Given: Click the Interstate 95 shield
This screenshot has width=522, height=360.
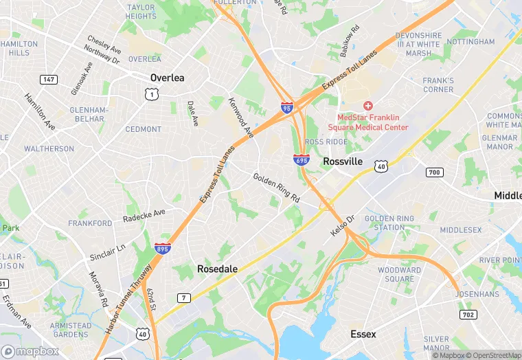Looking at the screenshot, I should click(286, 108).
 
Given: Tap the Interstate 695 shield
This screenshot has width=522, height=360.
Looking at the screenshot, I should click(301, 159).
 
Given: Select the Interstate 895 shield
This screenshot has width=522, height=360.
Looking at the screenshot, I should click(163, 247).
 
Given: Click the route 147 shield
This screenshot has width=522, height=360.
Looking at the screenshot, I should click(48, 80).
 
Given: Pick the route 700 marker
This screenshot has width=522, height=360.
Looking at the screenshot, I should click(434, 172).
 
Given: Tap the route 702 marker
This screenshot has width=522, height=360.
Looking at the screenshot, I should click(467, 314).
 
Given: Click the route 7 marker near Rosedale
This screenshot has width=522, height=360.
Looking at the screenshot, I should click(183, 297).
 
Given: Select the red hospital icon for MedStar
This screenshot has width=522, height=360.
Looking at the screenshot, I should click(368, 106).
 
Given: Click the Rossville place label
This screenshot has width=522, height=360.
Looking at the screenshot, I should click(343, 161).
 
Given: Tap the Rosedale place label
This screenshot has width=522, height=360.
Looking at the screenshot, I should click(217, 269).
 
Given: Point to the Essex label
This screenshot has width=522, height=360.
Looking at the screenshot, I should click(363, 335).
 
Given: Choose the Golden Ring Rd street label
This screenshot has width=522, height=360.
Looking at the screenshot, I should click(276, 187).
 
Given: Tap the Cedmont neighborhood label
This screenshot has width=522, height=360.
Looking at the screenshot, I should click(143, 129).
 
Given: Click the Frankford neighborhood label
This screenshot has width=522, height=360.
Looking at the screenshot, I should click(90, 223).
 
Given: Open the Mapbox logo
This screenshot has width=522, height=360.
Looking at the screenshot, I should click(30, 351).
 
